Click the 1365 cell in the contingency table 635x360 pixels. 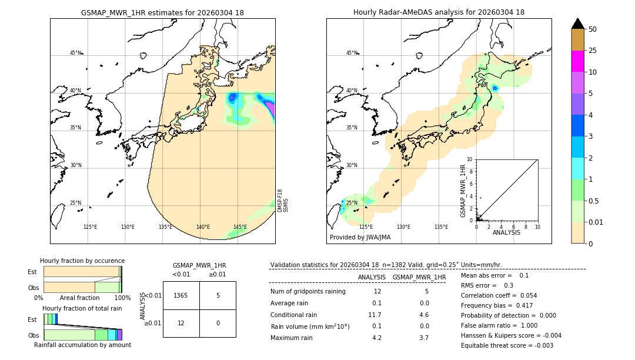point(181,295)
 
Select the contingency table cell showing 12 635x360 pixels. point(181,323)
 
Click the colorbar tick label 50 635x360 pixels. point(593,29)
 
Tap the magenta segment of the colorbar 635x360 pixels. point(577,61)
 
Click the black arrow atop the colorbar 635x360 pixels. point(577,24)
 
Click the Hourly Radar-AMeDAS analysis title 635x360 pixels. point(439,12)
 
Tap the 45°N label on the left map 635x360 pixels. point(75,53)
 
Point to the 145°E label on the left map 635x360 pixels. point(240,227)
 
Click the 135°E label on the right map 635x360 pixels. point(441,227)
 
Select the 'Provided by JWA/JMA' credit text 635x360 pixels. point(360,237)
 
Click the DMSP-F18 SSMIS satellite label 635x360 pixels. point(283,201)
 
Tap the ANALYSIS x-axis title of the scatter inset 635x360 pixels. point(506,232)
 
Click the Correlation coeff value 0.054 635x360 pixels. point(528,295)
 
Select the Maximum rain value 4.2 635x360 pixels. point(376,338)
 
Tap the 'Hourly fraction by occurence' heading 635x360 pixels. point(82,261)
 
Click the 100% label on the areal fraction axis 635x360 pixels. point(122,298)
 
